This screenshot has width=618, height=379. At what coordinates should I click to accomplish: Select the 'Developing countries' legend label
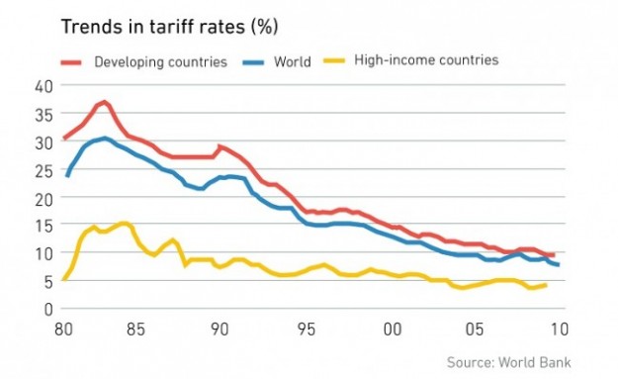[160, 62]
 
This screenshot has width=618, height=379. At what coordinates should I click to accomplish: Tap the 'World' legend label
[293, 62]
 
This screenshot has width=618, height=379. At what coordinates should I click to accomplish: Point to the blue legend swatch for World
[255, 61]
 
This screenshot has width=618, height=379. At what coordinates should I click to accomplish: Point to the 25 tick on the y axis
[43, 169]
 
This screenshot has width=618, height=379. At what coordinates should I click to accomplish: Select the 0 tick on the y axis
[46, 309]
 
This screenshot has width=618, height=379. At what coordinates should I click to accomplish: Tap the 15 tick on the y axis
[43, 226]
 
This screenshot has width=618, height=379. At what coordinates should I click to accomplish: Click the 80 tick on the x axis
[65, 328]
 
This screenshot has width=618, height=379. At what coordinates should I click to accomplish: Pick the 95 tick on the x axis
[308, 328]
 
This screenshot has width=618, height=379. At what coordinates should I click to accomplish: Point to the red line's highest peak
[105, 102]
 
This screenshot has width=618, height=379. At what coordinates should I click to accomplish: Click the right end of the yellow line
[545, 285]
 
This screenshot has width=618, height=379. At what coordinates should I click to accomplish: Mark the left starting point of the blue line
[66, 175]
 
